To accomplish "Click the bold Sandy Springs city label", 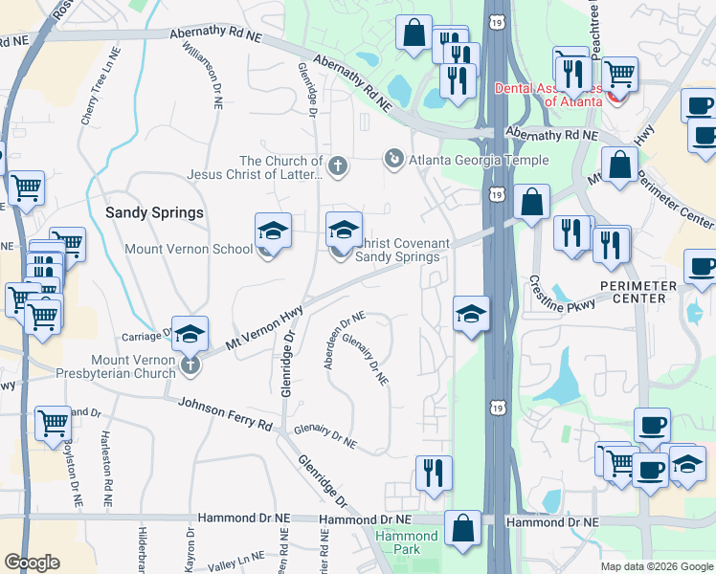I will [x=154, y=212].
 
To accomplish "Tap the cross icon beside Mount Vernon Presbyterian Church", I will [x=190, y=364].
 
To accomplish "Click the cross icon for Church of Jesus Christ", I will [x=337, y=166].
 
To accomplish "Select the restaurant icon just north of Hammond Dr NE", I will [x=434, y=474].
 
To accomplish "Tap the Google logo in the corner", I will [x=32, y=563].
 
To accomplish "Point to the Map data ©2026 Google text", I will [x=657, y=566].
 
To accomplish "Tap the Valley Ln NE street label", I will [x=236, y=562].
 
